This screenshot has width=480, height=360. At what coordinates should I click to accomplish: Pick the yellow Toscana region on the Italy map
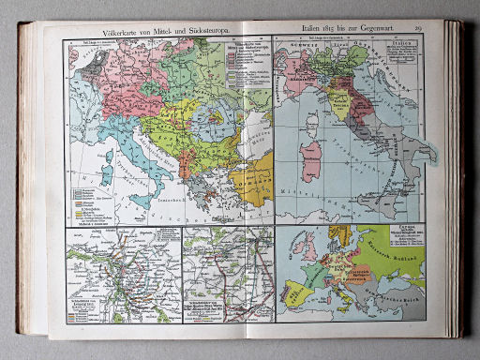(x=338, y=99)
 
